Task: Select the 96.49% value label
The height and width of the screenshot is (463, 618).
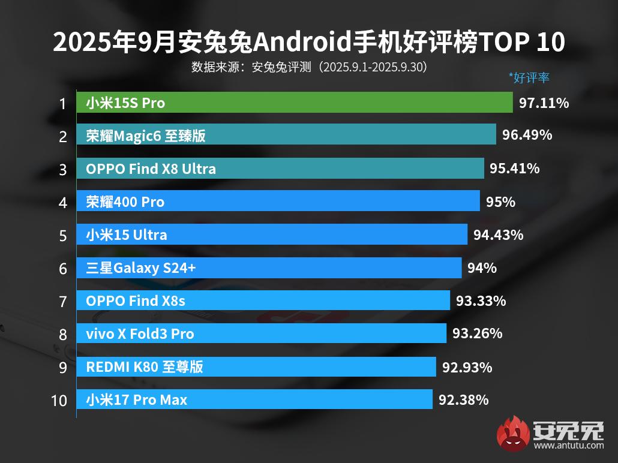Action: click(x=527, y=135)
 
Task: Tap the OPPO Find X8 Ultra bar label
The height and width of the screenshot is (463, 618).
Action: click(x=151, y=169)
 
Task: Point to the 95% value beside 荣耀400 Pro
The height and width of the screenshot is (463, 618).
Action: click(x=500, y=202)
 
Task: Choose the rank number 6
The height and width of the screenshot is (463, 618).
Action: click(x=63, y=268)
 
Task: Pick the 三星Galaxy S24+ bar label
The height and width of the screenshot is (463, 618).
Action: click(x=140, y=268)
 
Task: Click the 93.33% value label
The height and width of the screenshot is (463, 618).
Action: click(x=481, y=300)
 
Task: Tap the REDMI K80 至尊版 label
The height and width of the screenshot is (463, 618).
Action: click(x=144, y=366)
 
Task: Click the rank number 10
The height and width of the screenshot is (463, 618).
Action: click(x=59, y=400)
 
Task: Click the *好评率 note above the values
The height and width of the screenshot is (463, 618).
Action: click(x=529, y=77)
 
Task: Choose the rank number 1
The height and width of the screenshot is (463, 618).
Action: click(x=62, y=104)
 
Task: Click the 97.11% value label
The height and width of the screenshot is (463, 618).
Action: click(x=544, y=103)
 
